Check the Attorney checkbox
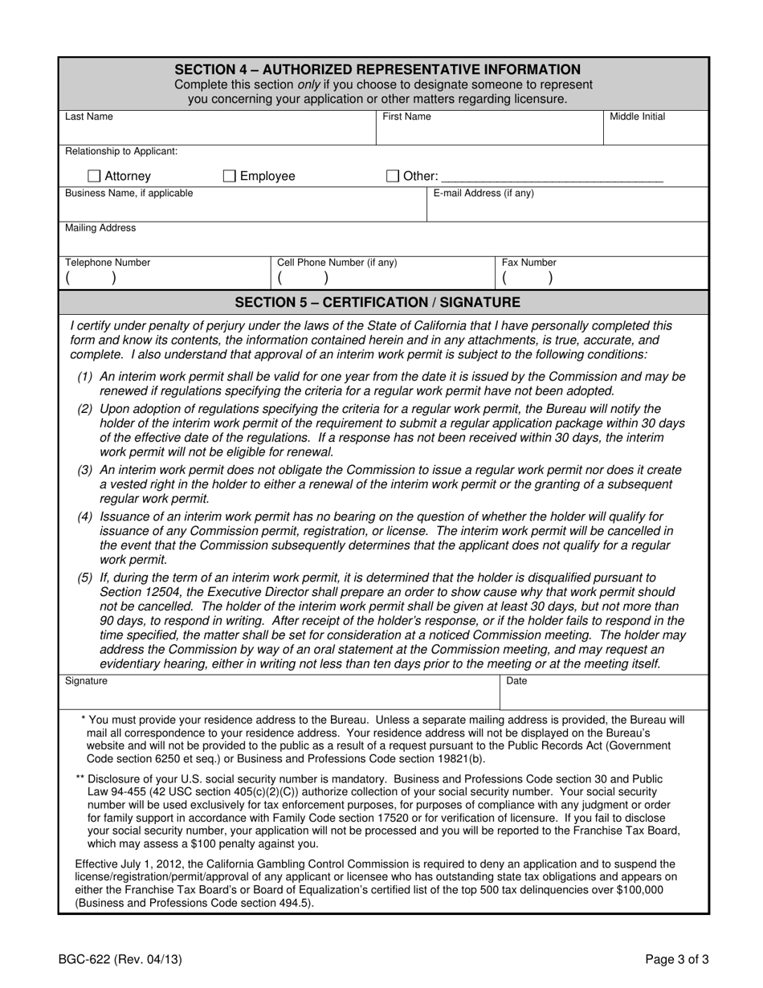click(x=93, y=176)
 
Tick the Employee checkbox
click(x=229, y=176)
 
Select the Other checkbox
click(x=393, y=176)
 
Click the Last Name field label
click(x=88, y=116)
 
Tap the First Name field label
click(x=406, y=116)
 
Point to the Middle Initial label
click(x=637, y=116)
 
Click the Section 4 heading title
click(x=377, y=70)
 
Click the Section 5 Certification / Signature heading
click(x=377, y=302)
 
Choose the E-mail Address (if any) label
click(x=484, y=193)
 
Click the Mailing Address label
click(x=100, y=228)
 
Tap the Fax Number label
click(x=528, y=263)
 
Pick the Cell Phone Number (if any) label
click(x=337, y=263)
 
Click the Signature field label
click(x=86, y=681)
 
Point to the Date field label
click(x=516, y=681)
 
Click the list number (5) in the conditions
click(x=85, y=578)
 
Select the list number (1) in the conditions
click(x=85, y=377)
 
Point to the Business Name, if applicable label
click(x=129, y=193)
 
